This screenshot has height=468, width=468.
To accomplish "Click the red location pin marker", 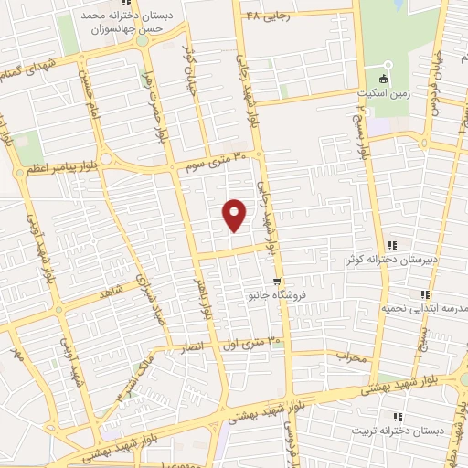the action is (x=235, y=214).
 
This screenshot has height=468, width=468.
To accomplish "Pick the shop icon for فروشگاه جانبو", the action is (x=277, y=281).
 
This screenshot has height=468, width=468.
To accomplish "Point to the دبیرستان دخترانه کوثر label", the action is (x=389, y=261).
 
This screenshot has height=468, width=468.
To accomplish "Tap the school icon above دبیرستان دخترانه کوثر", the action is (x=392, y=245).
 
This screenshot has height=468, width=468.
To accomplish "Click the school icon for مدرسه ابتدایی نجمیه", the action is (x=425, y=293).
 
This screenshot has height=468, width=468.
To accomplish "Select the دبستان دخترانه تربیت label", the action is (x=399, y=430).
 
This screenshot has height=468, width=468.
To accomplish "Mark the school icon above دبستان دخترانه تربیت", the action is (x=402, y=414).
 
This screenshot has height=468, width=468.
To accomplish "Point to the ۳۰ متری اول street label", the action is (x=253, y=344).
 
